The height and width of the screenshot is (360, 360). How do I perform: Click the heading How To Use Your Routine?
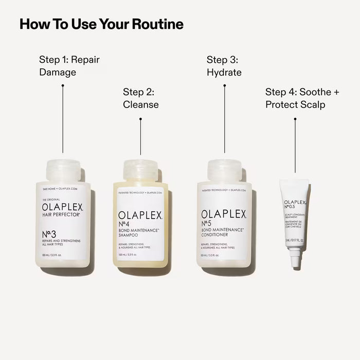point(101,24)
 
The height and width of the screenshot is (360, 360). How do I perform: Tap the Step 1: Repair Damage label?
point(69,66)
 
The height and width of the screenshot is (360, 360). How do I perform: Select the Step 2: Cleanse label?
point(140,98)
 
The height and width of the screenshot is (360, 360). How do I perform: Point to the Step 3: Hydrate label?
point(224,66)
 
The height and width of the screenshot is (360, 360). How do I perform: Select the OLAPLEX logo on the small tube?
point(296,204)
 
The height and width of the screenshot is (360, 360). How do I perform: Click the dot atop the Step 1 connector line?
point(63,85)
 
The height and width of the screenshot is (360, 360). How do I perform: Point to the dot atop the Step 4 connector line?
point(295,119)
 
